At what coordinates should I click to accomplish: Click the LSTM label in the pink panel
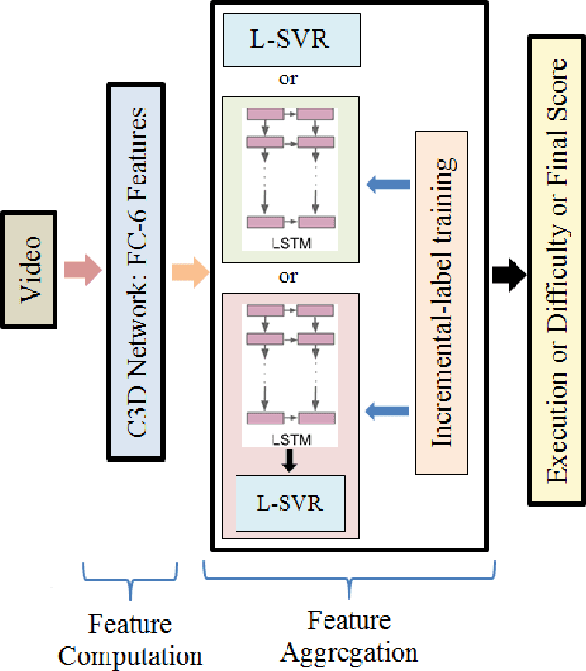point(288,440)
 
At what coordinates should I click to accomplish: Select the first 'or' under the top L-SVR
point(288,80)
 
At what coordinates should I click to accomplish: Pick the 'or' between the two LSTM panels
point(288,277)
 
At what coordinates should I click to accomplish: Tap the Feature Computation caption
point(130,639)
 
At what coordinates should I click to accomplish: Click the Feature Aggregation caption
point(349,636)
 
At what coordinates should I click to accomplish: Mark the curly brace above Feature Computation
point(130,585)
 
